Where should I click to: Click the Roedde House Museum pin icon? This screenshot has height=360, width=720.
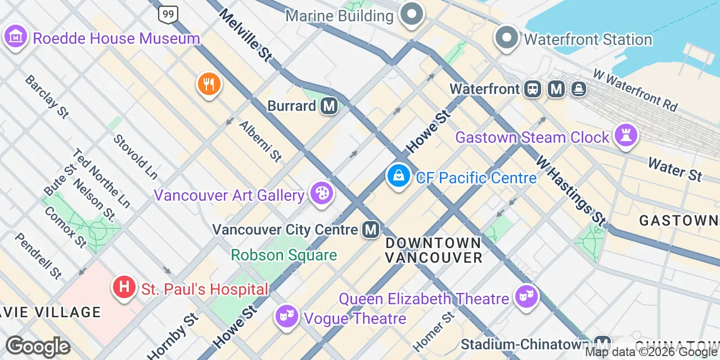(16, 37)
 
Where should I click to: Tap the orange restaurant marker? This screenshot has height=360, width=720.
(209, 85)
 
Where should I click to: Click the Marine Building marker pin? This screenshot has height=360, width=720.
(412, 15)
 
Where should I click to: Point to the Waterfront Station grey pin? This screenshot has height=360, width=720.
(507, 38)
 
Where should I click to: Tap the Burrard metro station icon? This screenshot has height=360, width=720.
(329, 106)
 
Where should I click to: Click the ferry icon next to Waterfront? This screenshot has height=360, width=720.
(578, 89)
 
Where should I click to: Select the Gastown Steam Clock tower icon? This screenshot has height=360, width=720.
(625, 136)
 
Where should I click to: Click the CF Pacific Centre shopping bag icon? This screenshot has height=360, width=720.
(398, 177)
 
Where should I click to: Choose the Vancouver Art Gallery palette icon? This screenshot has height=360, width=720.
(322, 194)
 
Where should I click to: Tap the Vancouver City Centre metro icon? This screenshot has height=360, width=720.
(370, 229)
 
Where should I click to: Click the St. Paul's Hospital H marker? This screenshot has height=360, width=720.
(124, 288)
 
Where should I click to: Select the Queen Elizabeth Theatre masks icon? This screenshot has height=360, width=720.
(526, 296)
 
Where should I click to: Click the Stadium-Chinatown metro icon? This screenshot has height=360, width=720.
(602, 343)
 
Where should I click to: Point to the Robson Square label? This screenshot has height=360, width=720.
(284, 255)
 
